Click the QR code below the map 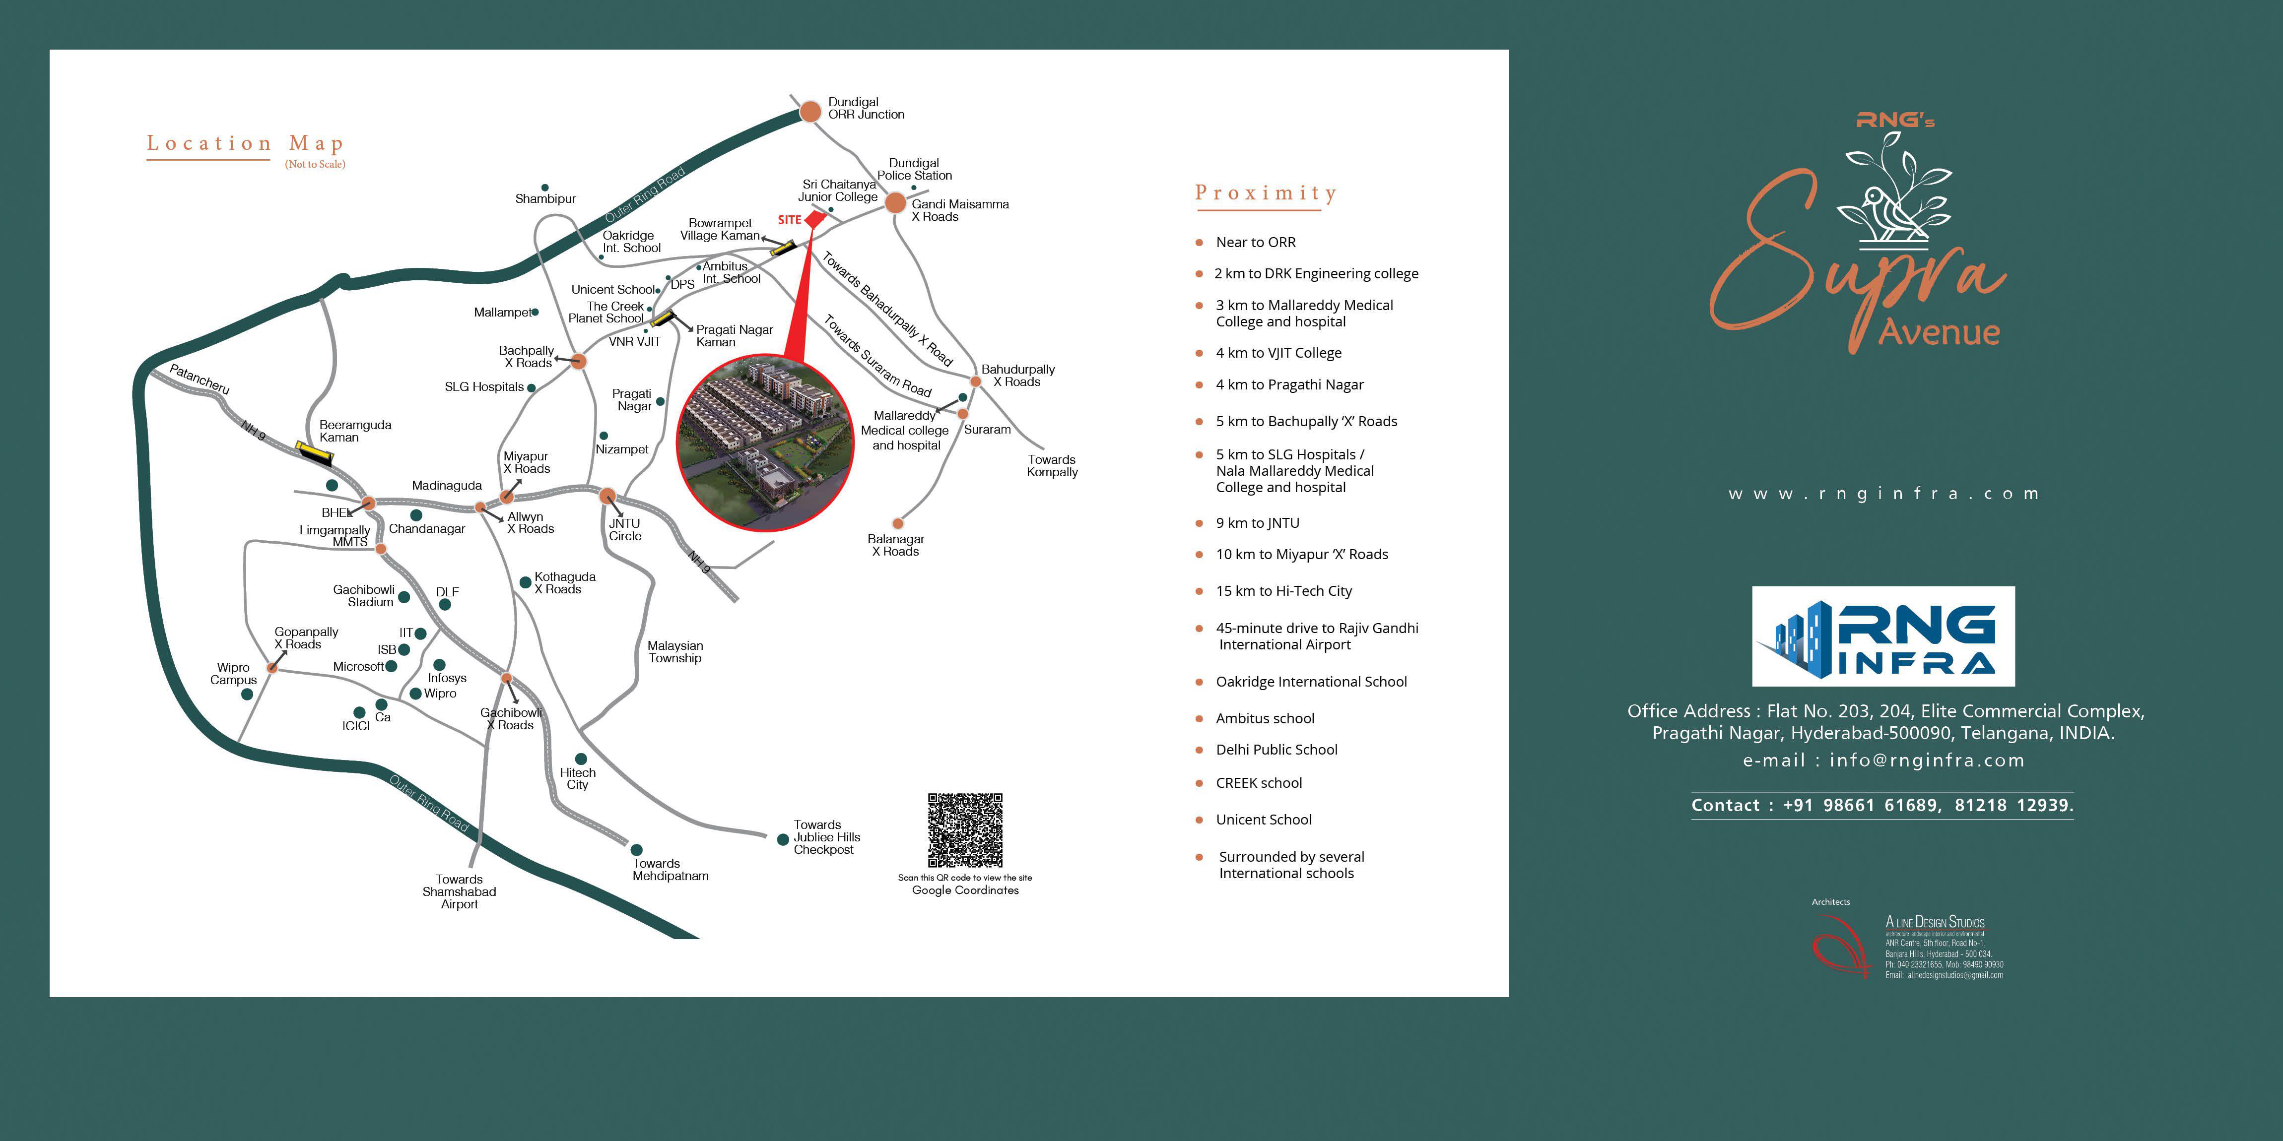pyautogui.click(x=965, y=830)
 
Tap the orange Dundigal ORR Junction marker pyautogui.click(x=810, y=112)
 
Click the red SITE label pyautogui.click(x=790, y=220)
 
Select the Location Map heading pyautogui.click(x=245, y=143)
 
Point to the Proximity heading pyautogui.click(x=1266, y=192)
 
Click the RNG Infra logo pyautogui.click(x=1883, y=636)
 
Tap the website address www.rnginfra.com pyautogui.click(x=1883, y=494)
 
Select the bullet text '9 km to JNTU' pyautogui.click(x=1258, y=523)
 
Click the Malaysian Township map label pyautogui.click(x=675, y=652)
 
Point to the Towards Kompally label pyautogui.click(x=1052, y=466)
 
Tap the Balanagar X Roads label pyautogui.click(x=896, y=545)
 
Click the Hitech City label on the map pyautogui.click(x=578, y=779)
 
